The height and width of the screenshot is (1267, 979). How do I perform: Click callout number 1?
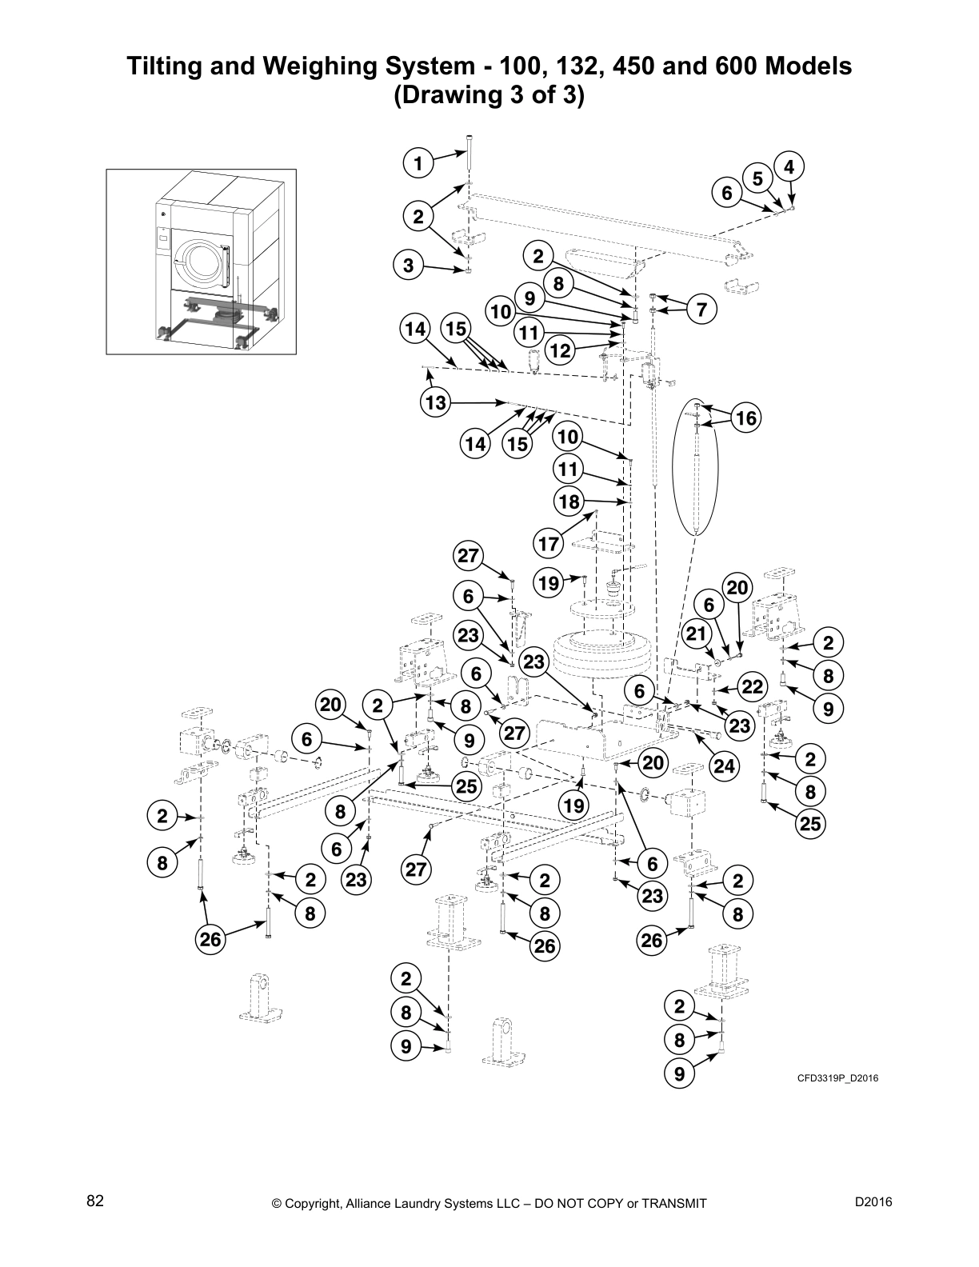417,164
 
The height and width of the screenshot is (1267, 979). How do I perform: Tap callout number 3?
409,266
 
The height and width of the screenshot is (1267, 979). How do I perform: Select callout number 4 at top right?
789,167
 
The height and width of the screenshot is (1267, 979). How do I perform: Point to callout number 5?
757,178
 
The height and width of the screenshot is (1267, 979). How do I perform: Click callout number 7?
701,310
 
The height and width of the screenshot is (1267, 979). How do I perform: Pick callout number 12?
561,350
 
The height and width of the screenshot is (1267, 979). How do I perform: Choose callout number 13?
435,402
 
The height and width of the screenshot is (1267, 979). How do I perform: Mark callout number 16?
745,418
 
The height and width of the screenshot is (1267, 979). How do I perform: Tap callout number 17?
549,544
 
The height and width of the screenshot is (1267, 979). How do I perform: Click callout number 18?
569,502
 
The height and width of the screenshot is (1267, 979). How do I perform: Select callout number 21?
697,634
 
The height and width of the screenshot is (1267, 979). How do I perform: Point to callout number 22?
753,686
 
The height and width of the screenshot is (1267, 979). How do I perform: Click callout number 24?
724,766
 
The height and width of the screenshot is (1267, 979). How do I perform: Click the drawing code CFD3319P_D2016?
837,1078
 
